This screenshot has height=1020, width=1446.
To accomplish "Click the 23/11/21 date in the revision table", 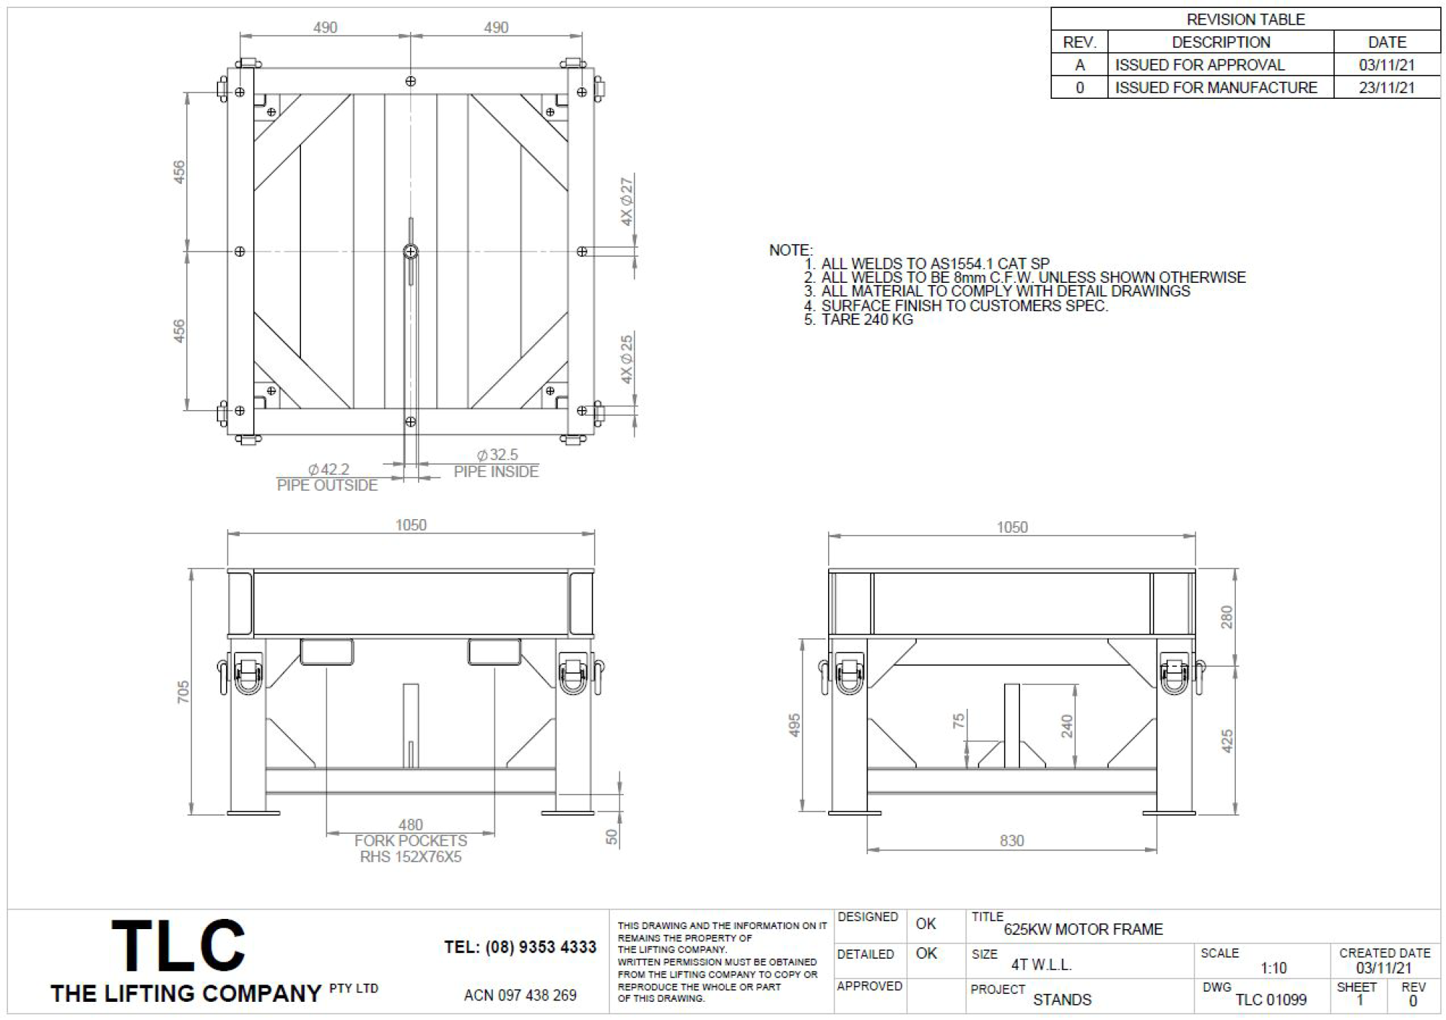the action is point(1386,88).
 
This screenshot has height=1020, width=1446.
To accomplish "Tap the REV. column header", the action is point(1079,42).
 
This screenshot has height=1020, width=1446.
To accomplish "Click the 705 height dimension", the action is point(183,691).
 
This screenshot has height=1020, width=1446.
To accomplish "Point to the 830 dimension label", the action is point(1011,840).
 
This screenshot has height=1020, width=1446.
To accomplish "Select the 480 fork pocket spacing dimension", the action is point(410,824).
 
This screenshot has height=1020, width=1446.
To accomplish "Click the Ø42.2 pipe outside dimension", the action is point(329,470).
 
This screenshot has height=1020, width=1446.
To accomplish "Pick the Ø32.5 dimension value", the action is point(497,455).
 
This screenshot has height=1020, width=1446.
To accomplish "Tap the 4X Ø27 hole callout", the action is point(627,201).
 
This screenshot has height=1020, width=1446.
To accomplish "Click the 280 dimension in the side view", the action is point(1226,617).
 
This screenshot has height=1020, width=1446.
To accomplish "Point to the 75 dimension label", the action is point(959,720).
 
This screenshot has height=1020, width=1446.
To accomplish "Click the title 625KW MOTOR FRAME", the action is point(1083,929).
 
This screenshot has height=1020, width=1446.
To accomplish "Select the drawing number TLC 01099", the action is point(1271,1000).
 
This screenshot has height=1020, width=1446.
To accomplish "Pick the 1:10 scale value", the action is point(1274,968).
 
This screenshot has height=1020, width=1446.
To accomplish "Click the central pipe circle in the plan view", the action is point(411,252).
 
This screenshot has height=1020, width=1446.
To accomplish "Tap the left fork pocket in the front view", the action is point(327,651).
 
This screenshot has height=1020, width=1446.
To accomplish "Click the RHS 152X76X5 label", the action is point(411,856).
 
